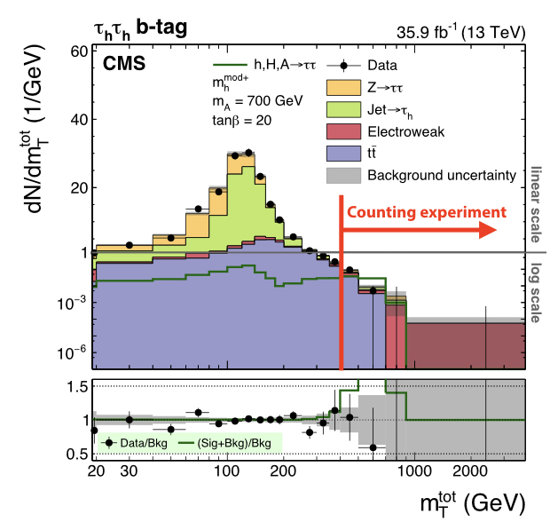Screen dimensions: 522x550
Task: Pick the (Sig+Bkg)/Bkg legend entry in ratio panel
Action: pos(229,441)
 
